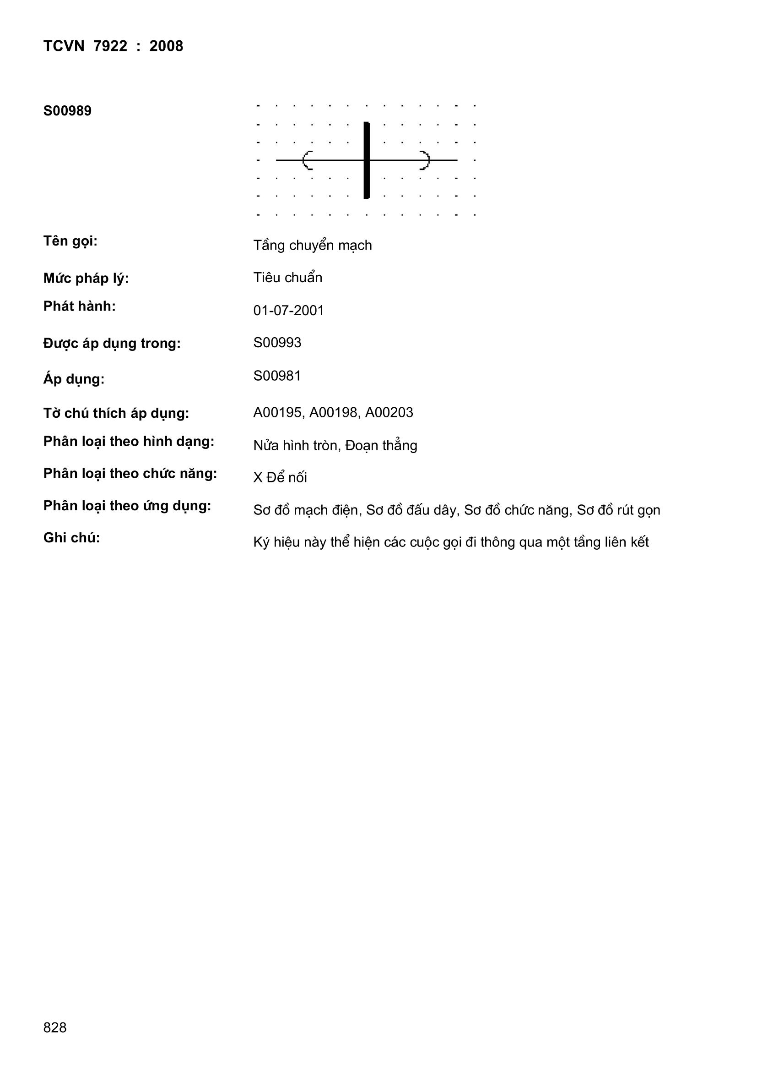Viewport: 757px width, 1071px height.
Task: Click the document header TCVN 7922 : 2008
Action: click(113, 46)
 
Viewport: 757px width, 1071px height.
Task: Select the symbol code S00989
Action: click(68, 111)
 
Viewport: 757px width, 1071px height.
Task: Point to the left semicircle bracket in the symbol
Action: click(307, 160)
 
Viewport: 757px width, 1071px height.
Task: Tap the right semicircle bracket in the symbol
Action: click(425, 160)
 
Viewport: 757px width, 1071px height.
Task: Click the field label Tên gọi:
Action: click(70, 241)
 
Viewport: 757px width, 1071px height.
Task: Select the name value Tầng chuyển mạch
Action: click(312, 246)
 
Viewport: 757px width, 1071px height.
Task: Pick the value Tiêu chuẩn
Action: click(287, 278)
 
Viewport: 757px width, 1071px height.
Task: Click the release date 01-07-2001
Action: click(288, 310)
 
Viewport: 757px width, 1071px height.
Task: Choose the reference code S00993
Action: click(277, 342)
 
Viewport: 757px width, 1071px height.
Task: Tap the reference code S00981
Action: click(277, 376)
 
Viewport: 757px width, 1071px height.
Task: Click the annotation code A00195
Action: click(278, 412)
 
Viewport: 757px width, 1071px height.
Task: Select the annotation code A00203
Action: click(389, 412)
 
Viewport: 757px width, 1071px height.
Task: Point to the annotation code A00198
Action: click(334, 412)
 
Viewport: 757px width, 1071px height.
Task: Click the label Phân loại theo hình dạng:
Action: click(129, 441)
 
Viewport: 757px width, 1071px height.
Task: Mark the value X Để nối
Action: click(280, 478)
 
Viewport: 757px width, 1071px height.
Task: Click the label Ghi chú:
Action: click(72, 538)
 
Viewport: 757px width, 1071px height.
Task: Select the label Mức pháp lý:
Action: click(86, 279)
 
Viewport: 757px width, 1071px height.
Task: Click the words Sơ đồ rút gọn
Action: click(619, 510)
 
